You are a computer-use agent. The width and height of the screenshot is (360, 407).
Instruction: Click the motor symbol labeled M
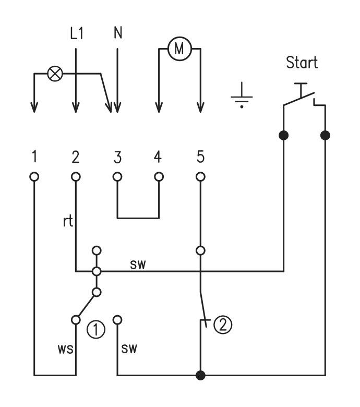click(179, 49)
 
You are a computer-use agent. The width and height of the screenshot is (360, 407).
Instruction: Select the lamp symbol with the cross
click(54, 74)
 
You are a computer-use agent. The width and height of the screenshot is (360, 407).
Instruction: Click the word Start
click(302, 63)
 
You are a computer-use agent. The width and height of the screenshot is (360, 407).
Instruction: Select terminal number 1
click(34, 157)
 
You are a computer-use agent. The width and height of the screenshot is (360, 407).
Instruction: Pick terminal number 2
click(76, 157)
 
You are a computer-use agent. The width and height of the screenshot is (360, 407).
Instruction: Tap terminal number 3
click(117, 157)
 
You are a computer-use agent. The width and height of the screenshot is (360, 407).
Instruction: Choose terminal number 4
click(159, 157)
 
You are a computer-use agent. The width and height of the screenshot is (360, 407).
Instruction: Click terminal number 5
click(200, 157)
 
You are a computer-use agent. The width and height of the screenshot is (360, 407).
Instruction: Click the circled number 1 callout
click(96, 329)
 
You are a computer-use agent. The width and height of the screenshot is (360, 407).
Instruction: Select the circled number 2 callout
click(222, 325)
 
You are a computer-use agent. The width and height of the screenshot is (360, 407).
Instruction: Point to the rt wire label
click(67, 221)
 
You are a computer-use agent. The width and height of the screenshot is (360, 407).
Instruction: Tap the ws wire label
click(65, 348)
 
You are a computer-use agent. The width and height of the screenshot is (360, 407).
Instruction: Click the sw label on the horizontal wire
click(138, 265)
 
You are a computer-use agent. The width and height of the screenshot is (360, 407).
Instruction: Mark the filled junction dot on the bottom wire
click(200, 375)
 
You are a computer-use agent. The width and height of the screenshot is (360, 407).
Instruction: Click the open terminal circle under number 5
click(200, 177)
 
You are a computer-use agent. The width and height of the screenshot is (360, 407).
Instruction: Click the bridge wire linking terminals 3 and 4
click(138, 218)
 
